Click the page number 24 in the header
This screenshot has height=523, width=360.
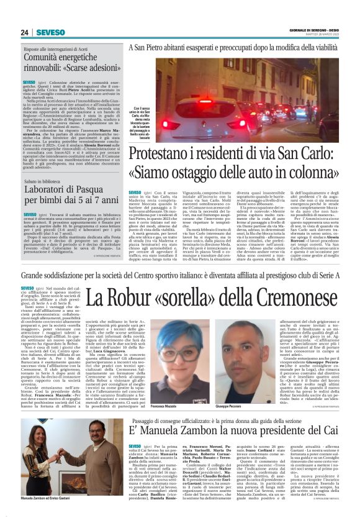click(x=25, y=32)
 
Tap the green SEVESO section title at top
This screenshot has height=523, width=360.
click(x=50, y=32)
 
